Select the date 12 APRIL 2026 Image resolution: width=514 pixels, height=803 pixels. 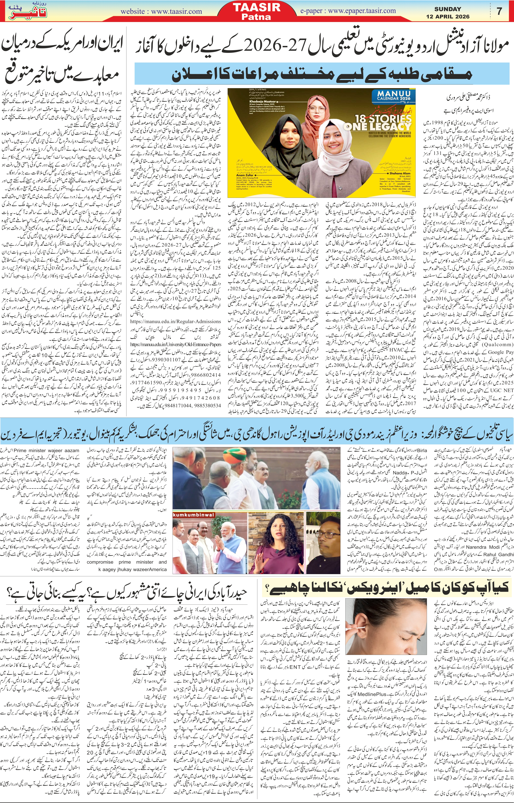click(448, 16)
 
